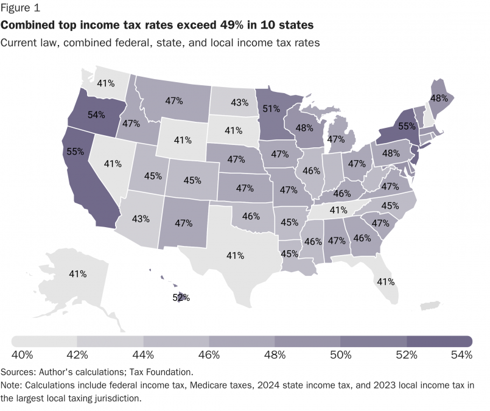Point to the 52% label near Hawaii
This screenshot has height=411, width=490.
181,298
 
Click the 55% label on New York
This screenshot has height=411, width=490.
407,127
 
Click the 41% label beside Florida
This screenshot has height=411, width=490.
385,282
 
